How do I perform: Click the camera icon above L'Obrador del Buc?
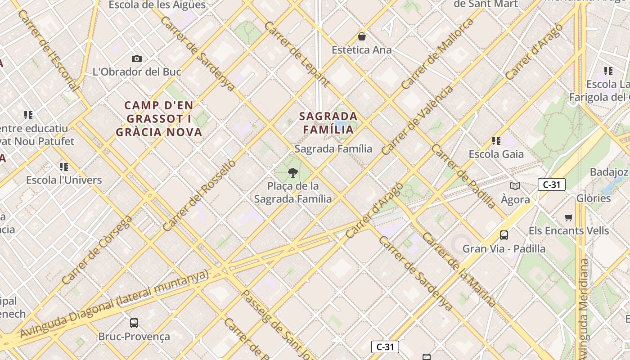click(x=137, y=58)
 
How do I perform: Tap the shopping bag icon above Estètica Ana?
click(x=362, y=36)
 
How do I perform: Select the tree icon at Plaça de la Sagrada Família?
click(x=293, y=172)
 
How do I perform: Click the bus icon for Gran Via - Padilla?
click(x=504, y=235)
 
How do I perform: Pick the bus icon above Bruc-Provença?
click(x=134, y=323)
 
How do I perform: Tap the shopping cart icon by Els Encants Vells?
click(x=569, y=218)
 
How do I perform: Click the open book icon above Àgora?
click(x=515, y=186)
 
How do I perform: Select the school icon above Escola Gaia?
click(x=496, y=141)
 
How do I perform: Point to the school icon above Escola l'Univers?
click(x=64, y=167)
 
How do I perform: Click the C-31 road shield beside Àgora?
click(x=551, y=184)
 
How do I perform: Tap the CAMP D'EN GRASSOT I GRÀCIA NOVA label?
click(x=159, y=119)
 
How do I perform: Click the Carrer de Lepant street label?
click(x=297, y=54)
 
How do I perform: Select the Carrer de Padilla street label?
click(x=463, y=176)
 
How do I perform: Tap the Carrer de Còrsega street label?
click(x=97, y=250)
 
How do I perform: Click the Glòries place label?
click(x=594, y=198)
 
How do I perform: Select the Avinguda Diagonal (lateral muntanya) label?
click(x=115, y=304)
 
